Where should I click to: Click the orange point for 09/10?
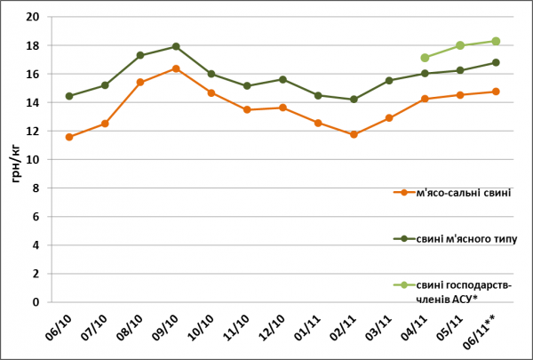coord(176,68)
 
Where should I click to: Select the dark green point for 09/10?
coord(176,46)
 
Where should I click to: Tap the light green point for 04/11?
coord(425,58)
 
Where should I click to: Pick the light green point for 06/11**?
coord(496,41)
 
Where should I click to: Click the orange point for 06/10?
coord(69,137)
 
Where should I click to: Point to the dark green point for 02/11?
coord(354,100)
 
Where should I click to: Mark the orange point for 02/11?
coord(354,134)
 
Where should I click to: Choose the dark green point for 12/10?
coord(282,79)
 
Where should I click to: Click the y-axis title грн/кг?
coord(16,160)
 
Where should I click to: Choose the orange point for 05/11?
coord(460,95)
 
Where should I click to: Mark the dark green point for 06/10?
coord(69,96)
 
